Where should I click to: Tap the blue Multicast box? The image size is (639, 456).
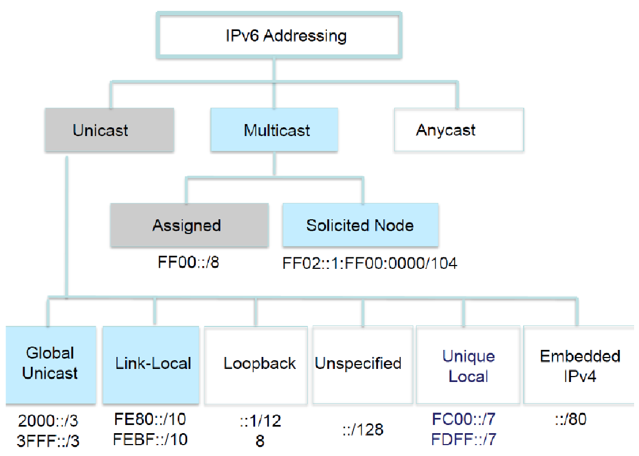274,130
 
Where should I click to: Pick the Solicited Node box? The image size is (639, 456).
360,225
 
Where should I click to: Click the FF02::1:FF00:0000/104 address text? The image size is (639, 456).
370,263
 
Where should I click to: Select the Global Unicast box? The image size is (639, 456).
51,364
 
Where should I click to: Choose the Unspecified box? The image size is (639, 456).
359,364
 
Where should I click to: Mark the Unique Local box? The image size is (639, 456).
468,366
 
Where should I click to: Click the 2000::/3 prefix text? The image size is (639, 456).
48,422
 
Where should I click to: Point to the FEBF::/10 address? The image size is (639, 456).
150,439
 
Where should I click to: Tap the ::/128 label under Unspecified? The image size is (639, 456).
362,430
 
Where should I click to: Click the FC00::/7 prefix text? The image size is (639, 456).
464,420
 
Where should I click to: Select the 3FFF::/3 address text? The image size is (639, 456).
48,440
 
